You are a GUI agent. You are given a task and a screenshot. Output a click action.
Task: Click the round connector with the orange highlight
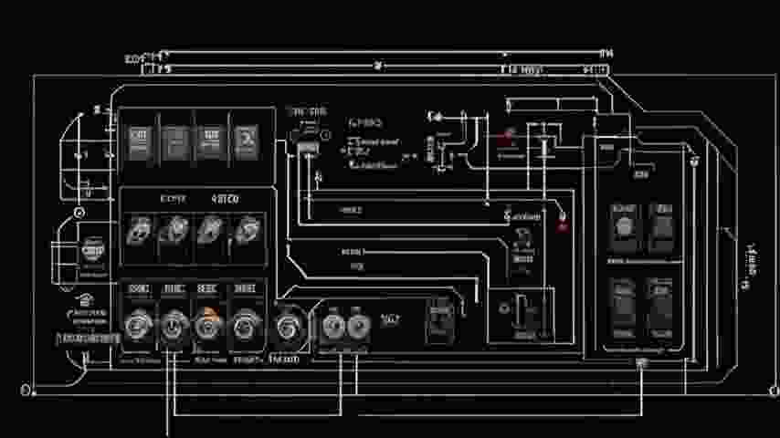[x=206, y=324]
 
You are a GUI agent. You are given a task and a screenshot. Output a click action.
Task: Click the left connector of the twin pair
[x=331, y=324]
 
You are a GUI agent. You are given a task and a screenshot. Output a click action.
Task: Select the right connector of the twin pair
[x=355, y=324]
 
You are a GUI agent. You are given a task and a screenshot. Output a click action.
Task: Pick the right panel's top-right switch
[x=660, y=225]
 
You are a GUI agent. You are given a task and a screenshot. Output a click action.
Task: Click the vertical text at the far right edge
[x=751, y=266]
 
